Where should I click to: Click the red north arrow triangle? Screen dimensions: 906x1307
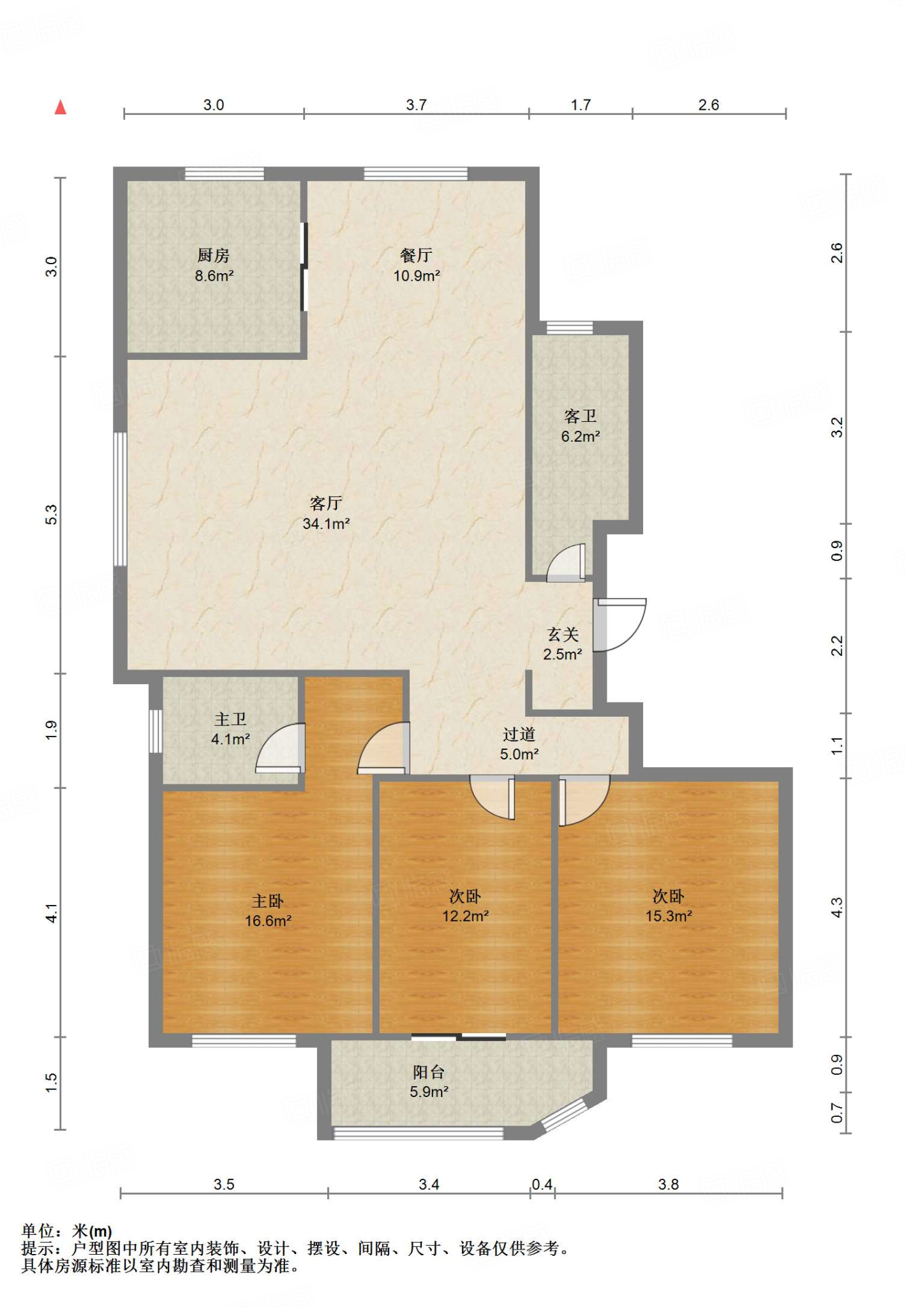coord(61,107)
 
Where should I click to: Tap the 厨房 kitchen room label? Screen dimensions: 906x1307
coord(213,255)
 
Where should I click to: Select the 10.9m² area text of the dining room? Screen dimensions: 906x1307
coord(417,276)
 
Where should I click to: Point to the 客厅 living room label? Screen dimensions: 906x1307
coord(326,503)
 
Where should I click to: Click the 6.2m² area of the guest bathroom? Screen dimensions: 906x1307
coord(581,437)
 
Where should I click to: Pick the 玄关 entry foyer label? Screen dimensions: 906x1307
coord(563,634)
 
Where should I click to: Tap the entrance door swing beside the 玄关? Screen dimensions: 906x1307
coord(620,625)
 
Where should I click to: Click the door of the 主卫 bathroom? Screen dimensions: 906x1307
coord(280,748)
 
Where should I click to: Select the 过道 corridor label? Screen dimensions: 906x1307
coord(519,735)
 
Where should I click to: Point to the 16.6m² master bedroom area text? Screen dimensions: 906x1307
coord(268,921)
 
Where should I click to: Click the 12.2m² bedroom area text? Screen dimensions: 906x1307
coord(466,916)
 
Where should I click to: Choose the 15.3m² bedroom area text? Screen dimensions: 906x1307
coord(669,916)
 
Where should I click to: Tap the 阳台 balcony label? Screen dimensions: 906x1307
coord(429,1072)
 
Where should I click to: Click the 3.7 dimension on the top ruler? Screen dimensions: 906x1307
coord(416,105)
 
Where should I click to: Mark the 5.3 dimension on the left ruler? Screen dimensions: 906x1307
coord(52,514)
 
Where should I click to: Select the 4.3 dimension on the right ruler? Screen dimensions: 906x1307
coord(836,907)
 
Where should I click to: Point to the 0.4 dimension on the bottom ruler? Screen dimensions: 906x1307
coord(542,1184)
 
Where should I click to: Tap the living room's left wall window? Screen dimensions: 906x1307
coord(120,499)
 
